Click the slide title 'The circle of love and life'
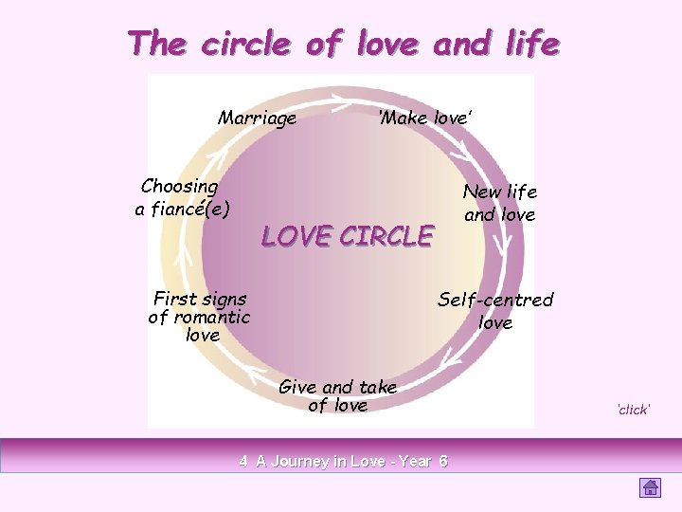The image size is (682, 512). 343,43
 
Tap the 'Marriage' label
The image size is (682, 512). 257,119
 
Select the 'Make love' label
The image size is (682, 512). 423,119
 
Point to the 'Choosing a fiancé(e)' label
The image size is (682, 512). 181,198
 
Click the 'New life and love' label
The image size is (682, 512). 499,203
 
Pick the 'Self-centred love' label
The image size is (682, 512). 495,311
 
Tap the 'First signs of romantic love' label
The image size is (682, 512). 199,317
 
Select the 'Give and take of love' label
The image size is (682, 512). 337,396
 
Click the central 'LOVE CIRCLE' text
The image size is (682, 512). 347,236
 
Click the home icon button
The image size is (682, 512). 650,487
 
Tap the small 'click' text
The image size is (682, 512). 632,410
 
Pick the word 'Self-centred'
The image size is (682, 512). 495,300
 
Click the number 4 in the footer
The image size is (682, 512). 243,462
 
